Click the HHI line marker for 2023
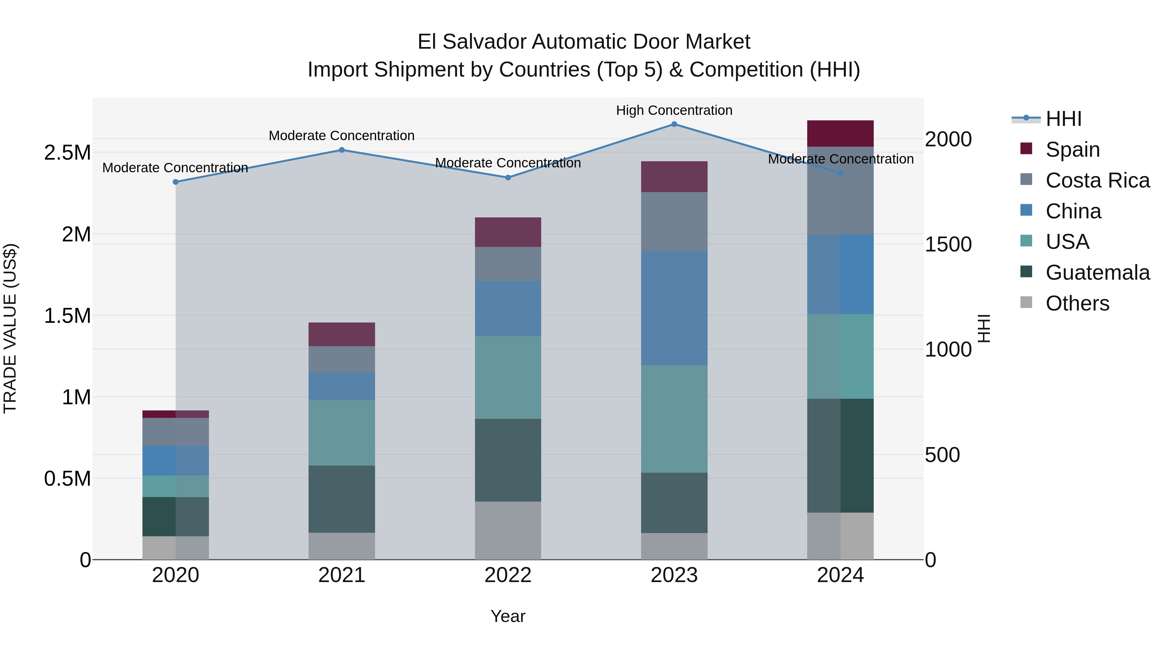click(x=674, y=124)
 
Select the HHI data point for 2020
click(x=176, y=182)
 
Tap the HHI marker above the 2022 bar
click(x=508, y=178)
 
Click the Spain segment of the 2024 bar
click(x=840, y=133)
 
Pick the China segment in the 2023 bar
click(x=674, y=308)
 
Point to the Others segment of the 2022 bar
click(x=508, y=530)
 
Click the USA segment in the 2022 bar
click(x=508, y=377)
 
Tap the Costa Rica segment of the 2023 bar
click(x=674, y=222)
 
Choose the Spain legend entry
click(x=1072, y=150)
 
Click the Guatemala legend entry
click(x=1097, y=273)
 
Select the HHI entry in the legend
click(x=1063, y=119)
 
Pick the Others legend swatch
click(x=1026, y=302)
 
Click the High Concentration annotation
click(x=674, y=110)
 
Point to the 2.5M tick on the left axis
click(x=67, y=153)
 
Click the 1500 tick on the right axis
click(x=948, y=244)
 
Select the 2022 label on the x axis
click(x=508, y=575)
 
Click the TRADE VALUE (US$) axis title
click(x=10, y=328)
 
